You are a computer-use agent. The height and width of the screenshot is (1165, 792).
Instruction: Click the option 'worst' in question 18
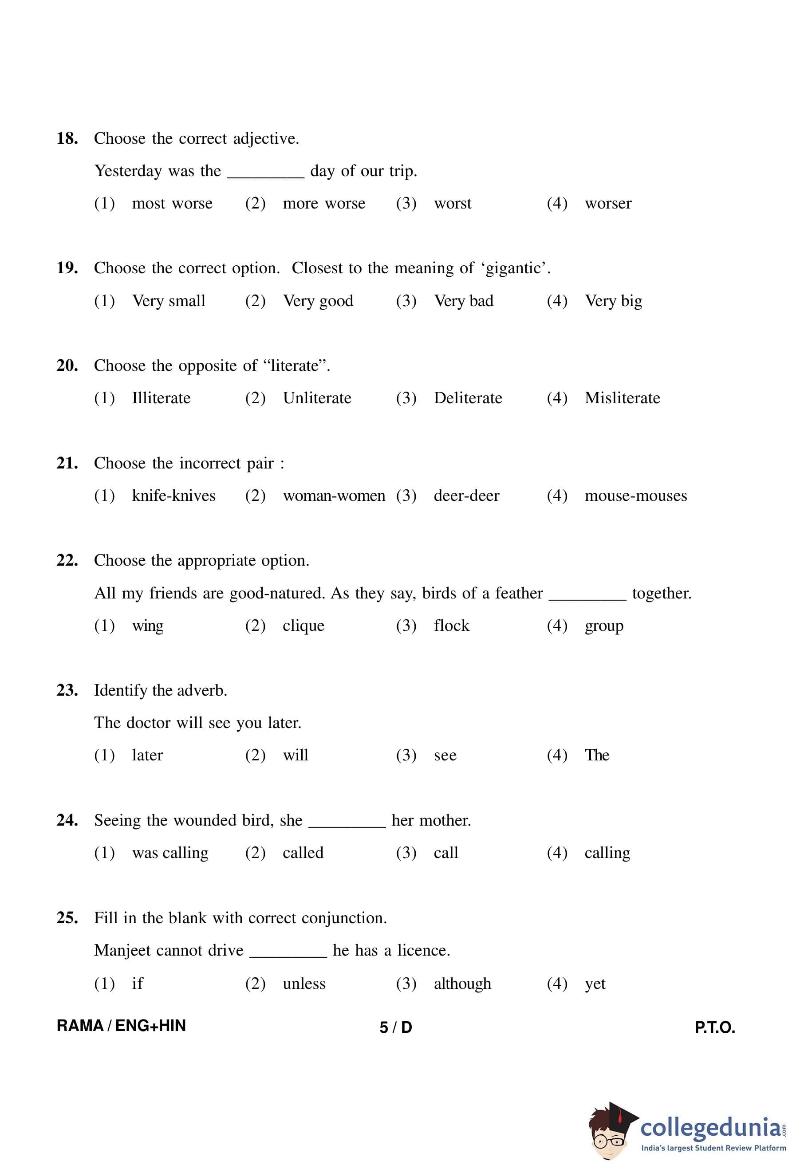[452, 204]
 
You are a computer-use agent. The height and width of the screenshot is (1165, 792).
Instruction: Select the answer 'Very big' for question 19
[613, 301]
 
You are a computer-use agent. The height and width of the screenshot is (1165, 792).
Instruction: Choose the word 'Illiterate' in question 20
[161, 398]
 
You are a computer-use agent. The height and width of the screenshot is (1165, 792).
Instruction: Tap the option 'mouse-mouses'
[636, 496]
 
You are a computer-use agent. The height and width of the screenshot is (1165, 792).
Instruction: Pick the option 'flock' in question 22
[451, 626]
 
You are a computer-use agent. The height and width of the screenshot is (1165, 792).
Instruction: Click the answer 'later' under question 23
[147, 756]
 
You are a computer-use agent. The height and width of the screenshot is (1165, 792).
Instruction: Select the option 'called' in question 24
[303, 853]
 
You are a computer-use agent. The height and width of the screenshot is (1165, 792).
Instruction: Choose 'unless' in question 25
[304, 984]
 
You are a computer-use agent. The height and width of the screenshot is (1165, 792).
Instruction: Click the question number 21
[67, 463]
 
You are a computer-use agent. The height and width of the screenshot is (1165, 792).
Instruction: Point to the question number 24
[67, 820]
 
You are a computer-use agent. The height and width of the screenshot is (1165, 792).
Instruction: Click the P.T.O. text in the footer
[714, 1027]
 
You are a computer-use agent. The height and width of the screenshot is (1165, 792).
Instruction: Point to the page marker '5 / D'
[395, 1027]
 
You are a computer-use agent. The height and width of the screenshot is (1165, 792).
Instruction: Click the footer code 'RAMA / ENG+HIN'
[121, 1026]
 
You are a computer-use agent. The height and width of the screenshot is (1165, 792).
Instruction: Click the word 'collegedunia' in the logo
[710, 1128]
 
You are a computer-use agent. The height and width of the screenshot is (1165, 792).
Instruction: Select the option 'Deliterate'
[468, 398]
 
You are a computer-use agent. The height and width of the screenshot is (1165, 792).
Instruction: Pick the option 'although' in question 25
[462, 984]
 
